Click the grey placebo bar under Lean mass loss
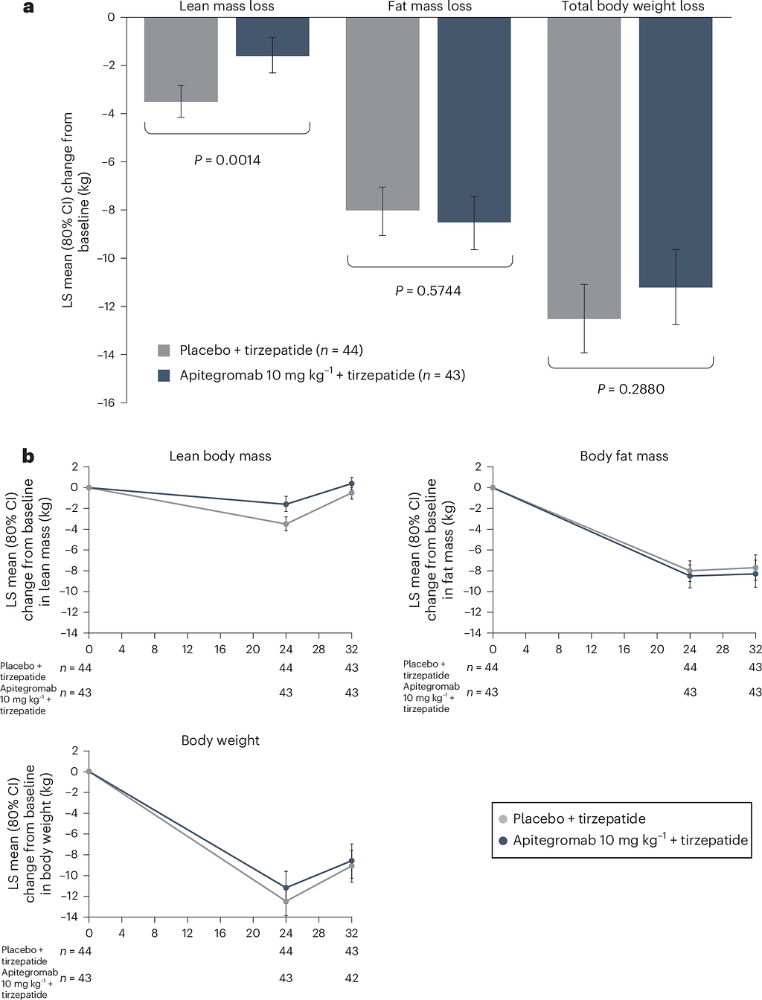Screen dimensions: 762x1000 [x=181, y=60]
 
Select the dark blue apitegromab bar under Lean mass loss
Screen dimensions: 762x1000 [x=272, y=36]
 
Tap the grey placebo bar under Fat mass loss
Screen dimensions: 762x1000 [x=382, y=113]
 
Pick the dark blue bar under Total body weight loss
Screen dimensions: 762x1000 [x=676, y=153]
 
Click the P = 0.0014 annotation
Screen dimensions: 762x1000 [x=227, y=160]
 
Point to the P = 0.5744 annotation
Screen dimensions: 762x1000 [x=428, y=291]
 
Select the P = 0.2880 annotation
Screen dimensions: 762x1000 [x=631, y=389]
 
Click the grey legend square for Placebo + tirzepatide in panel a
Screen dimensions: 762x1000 [x=164, y=350]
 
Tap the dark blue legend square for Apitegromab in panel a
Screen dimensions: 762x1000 [x=164, y=376]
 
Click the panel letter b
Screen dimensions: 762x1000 [x=28, y=456]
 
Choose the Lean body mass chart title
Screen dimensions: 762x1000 [x=220, y=456]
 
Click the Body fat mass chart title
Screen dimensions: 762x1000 [x=624, y=456]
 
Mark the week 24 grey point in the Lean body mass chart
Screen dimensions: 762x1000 [x=286, y=524]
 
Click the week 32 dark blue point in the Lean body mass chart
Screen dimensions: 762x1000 [x=352, y=484]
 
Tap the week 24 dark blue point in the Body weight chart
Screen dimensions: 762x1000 [x=286, y=888]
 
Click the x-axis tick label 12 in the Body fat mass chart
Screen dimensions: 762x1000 [x=591, y=649]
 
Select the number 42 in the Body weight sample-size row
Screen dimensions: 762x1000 [x=352, y=978]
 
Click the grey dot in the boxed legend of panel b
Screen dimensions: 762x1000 [x=503, y=819]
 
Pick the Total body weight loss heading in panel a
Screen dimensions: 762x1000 [x=633, y=7]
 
